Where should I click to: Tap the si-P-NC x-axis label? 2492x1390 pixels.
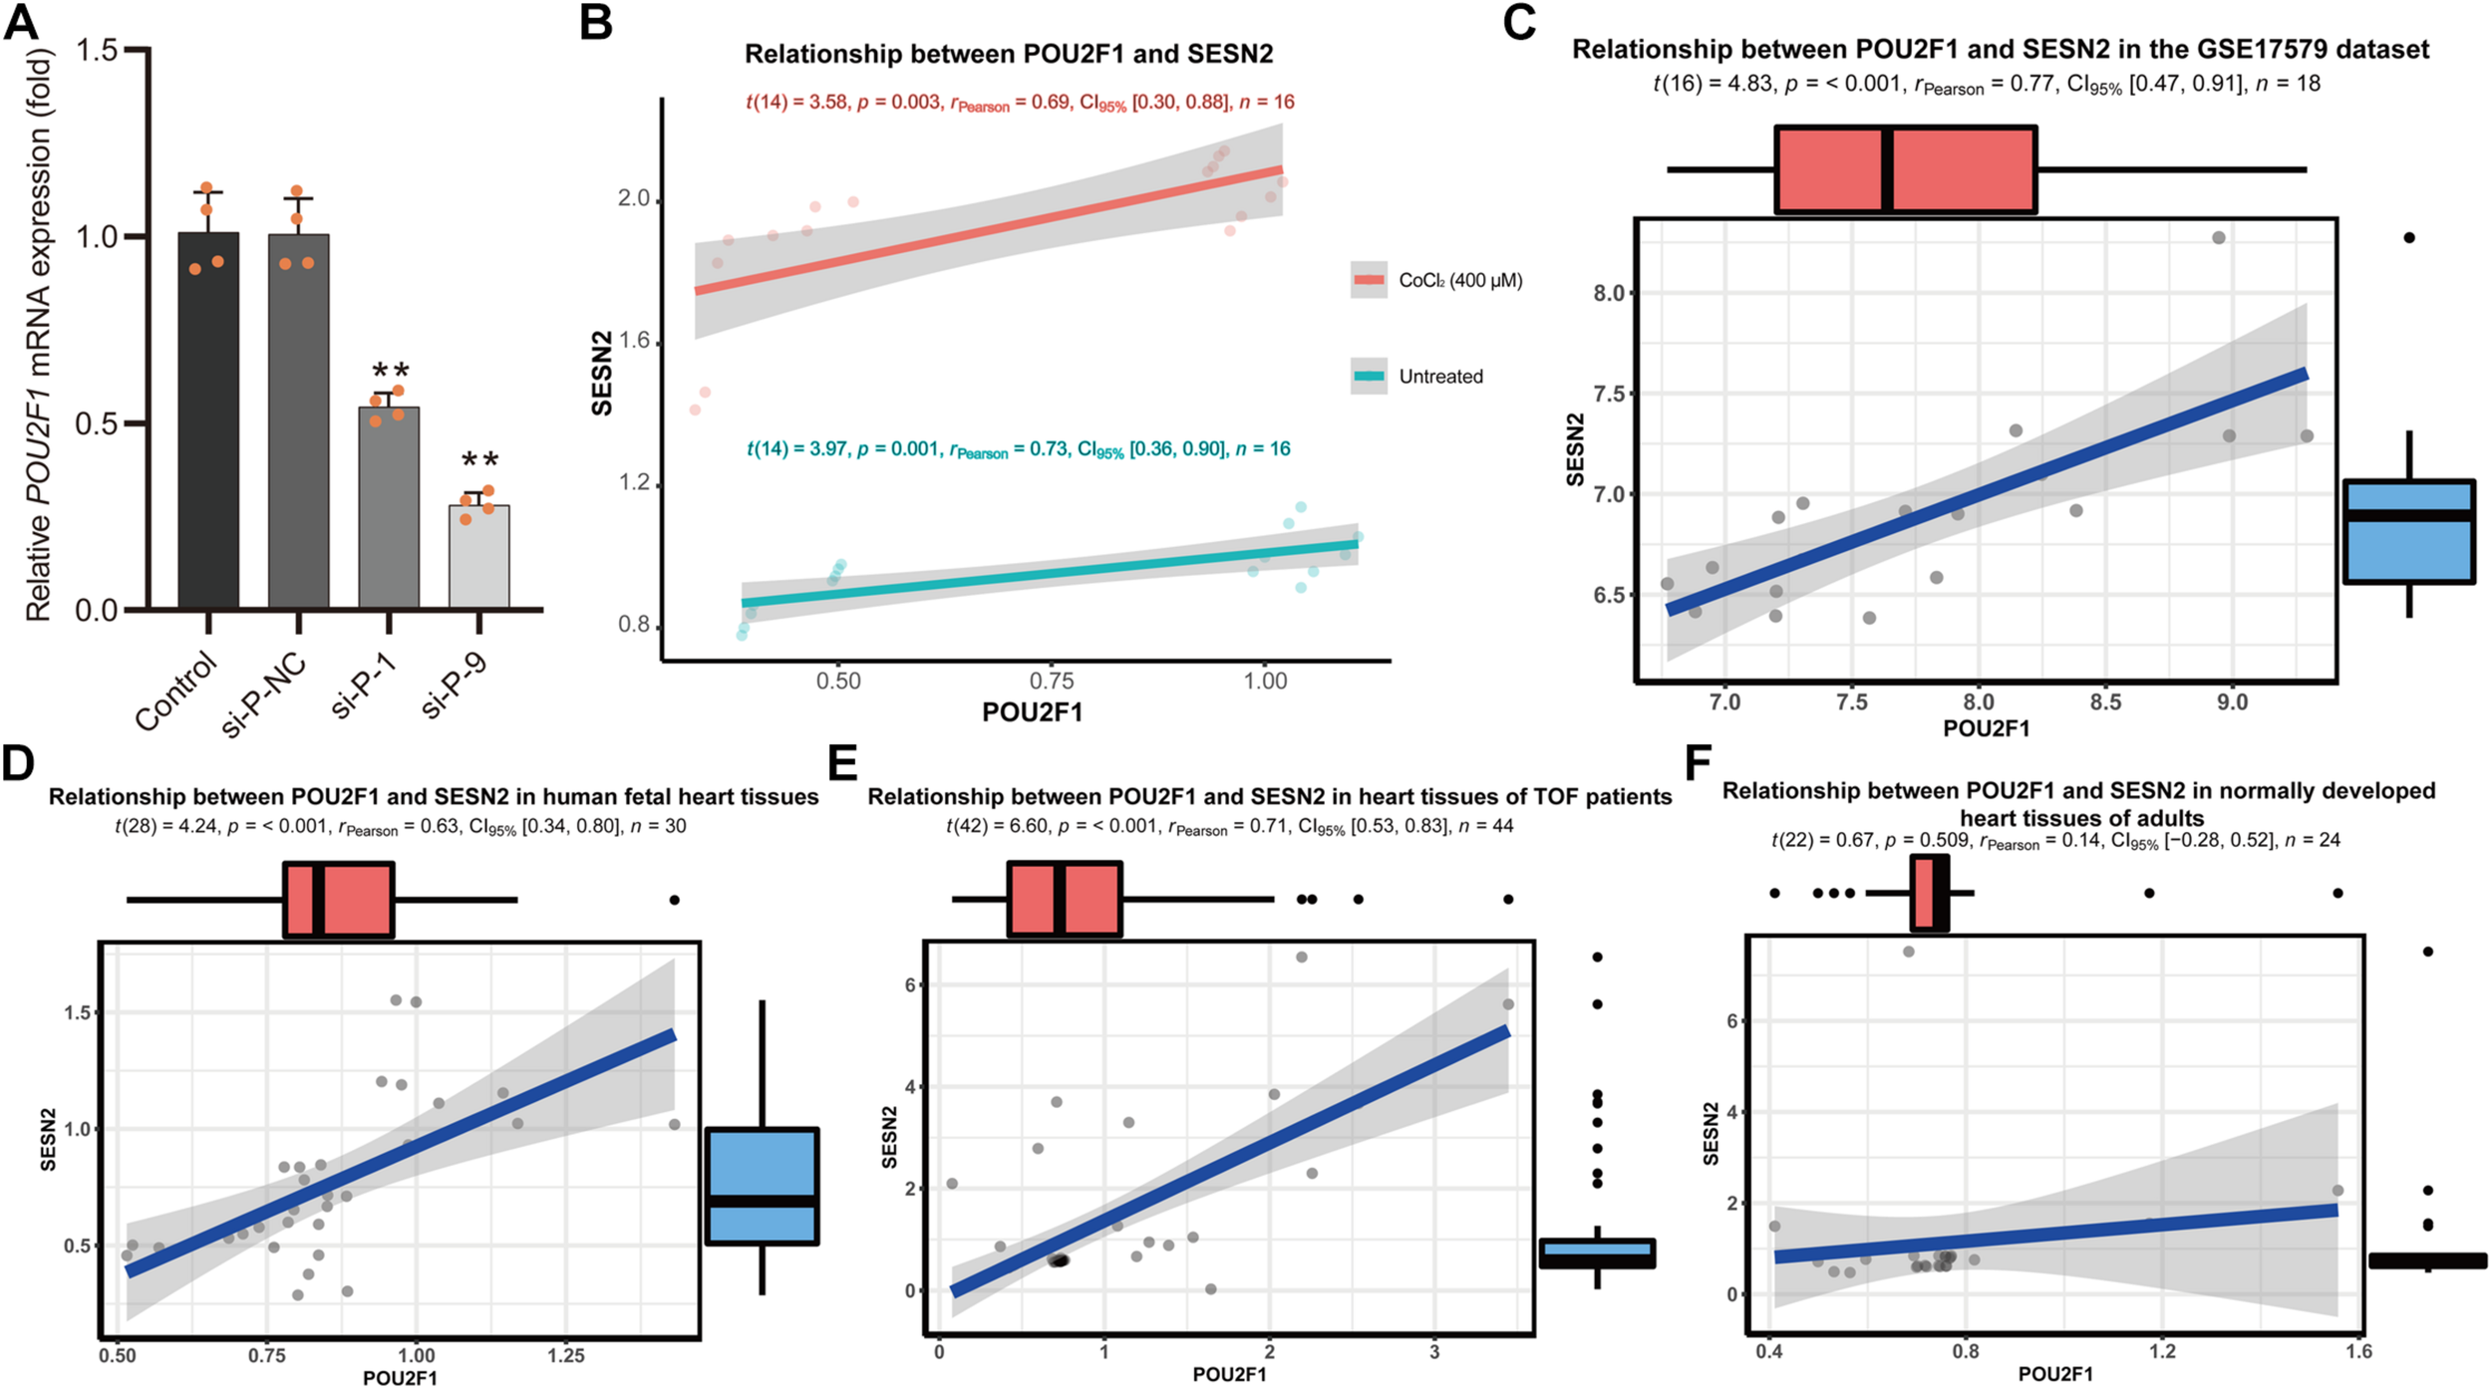(x=264, y=695)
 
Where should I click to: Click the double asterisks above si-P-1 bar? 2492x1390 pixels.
(x=388, y=371)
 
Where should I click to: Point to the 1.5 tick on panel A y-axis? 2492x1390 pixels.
(x=97, y=50)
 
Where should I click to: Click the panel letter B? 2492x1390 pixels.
(x=596, y=22)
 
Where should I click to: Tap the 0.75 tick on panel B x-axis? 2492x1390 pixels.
(x=1051, y=682)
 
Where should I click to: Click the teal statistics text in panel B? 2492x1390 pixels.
(x=1018, y=449)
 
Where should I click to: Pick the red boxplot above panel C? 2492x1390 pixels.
(x=1905, y=169)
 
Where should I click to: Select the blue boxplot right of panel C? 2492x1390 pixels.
(x=2408, y=531)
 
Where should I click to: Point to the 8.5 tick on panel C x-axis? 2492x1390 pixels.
(x=2104, y=702)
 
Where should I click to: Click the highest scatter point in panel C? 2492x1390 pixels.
(x=2219, y=238)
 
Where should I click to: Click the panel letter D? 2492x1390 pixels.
(x=19, y=763)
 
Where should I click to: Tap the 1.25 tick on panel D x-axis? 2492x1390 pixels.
(x=565, y=1356)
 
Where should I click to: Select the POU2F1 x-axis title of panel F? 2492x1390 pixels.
(x=2054, y=1374)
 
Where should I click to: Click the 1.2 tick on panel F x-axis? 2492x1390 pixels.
(x=2162, y=1352)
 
